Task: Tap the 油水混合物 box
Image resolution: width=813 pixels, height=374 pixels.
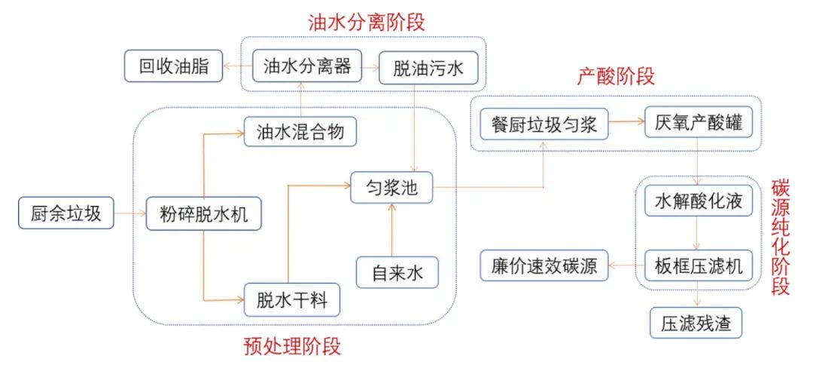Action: tap(300, 132)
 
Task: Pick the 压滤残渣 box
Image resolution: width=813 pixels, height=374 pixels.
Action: tap(696, 323)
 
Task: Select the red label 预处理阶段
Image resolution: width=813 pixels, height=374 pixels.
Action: tap(292, 346)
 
